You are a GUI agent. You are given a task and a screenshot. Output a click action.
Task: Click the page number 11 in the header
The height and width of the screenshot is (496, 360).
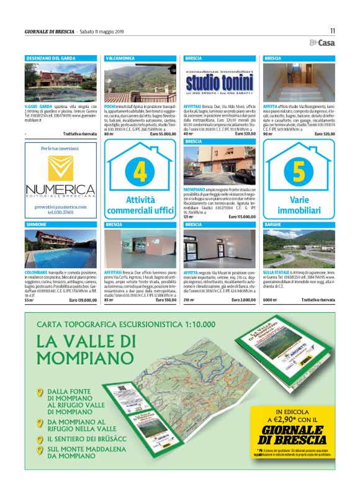[x=332, y=30]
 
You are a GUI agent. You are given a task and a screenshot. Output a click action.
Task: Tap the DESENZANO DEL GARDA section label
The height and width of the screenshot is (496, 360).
[x=51, y=58]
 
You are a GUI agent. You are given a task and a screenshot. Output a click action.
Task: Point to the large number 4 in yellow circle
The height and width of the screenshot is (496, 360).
[x=140, y=169]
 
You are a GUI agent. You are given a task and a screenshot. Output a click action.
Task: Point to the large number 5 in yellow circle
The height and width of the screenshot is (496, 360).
[x=299, y=169]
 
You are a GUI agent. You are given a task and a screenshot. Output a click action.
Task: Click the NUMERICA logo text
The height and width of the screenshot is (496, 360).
[x=60, y=189]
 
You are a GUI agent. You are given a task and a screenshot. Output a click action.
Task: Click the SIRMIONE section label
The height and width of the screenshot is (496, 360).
[x=37, y=223]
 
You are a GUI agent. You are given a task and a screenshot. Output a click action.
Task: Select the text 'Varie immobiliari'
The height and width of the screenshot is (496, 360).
[x=299, y=205]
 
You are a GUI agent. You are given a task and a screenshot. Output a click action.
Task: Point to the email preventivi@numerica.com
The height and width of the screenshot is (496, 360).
[x=60, y=206]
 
